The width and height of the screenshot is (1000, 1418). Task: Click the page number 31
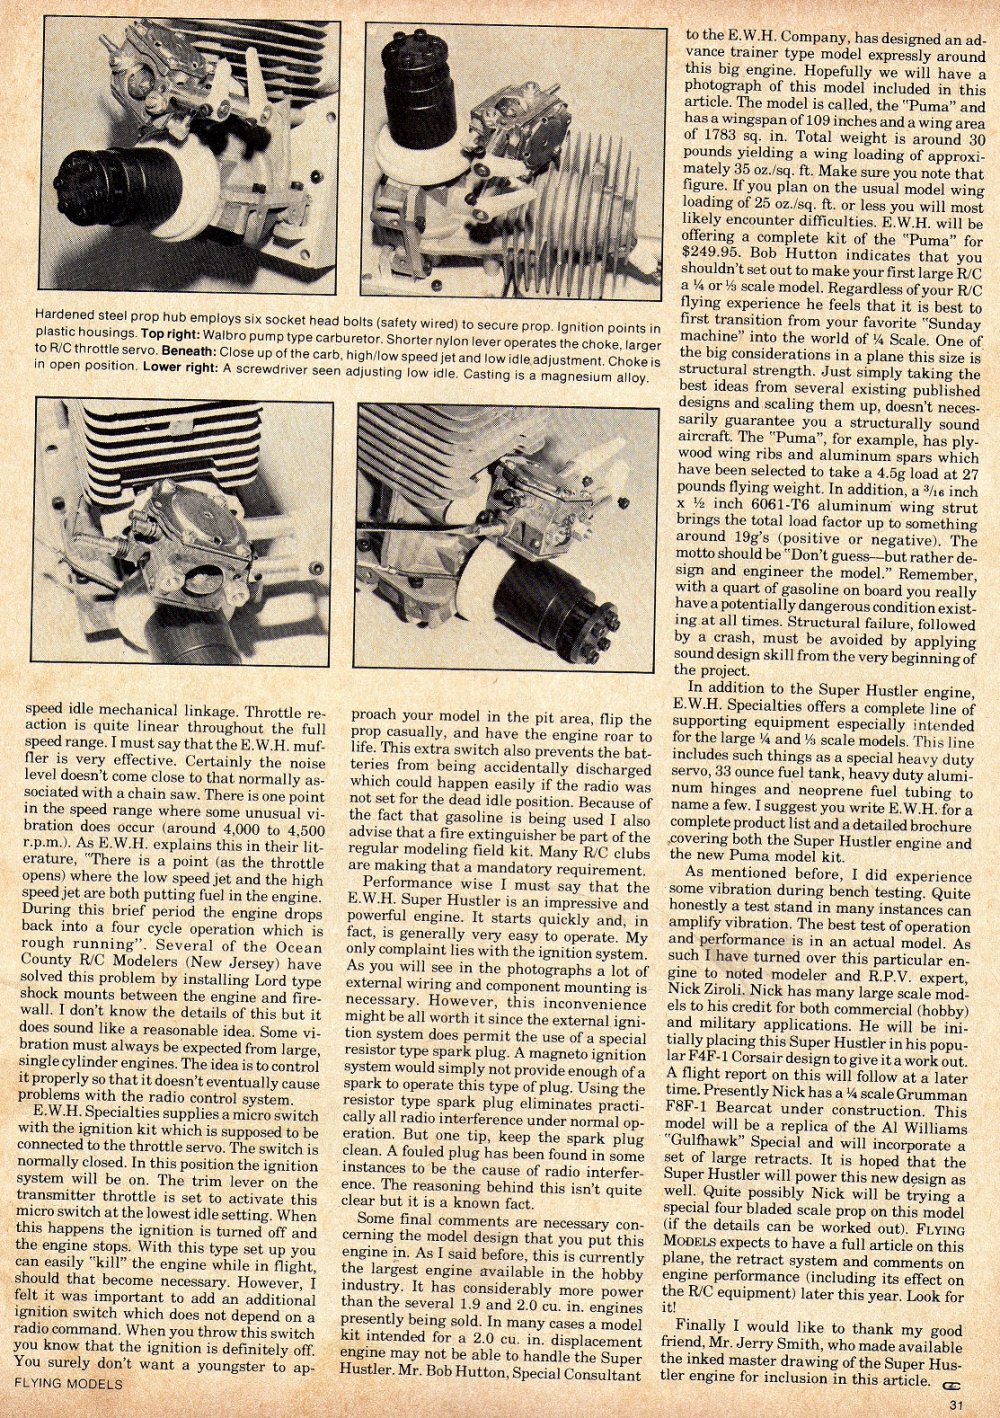pos(957,1403)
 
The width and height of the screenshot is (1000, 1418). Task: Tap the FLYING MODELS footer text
pos(69,1384)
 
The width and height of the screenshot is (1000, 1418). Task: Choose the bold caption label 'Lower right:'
pos(181,366)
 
